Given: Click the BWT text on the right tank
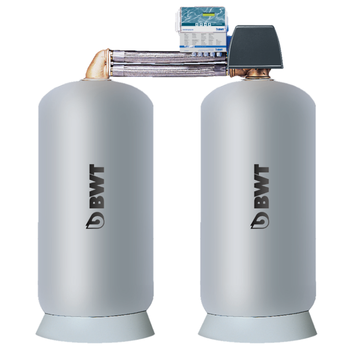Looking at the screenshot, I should tap(261, 190).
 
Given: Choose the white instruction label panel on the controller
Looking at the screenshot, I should tap(202, 41).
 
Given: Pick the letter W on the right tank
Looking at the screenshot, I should tap(261, 189).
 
